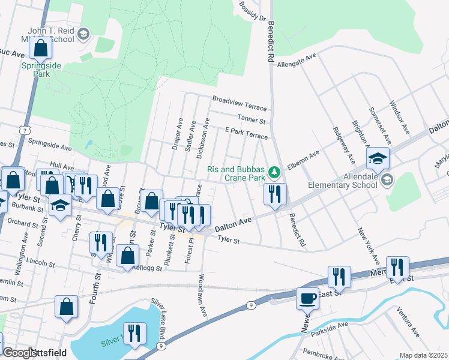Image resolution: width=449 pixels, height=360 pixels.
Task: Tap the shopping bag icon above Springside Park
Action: tap(41, 47)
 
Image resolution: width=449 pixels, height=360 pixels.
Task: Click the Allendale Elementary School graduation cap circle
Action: tap(387, 179)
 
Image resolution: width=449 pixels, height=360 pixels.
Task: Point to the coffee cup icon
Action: tap(308, 298)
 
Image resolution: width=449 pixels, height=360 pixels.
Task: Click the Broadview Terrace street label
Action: tap(240, 103)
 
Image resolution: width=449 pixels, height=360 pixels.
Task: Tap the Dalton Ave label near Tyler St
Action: tap(232, 221)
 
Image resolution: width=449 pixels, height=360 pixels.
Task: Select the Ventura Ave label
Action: tap(408, 322)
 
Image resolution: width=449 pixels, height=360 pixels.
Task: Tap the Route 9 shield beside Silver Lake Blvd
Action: tap(161, 346)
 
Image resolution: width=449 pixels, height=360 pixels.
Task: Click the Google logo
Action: tap(20, 353)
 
